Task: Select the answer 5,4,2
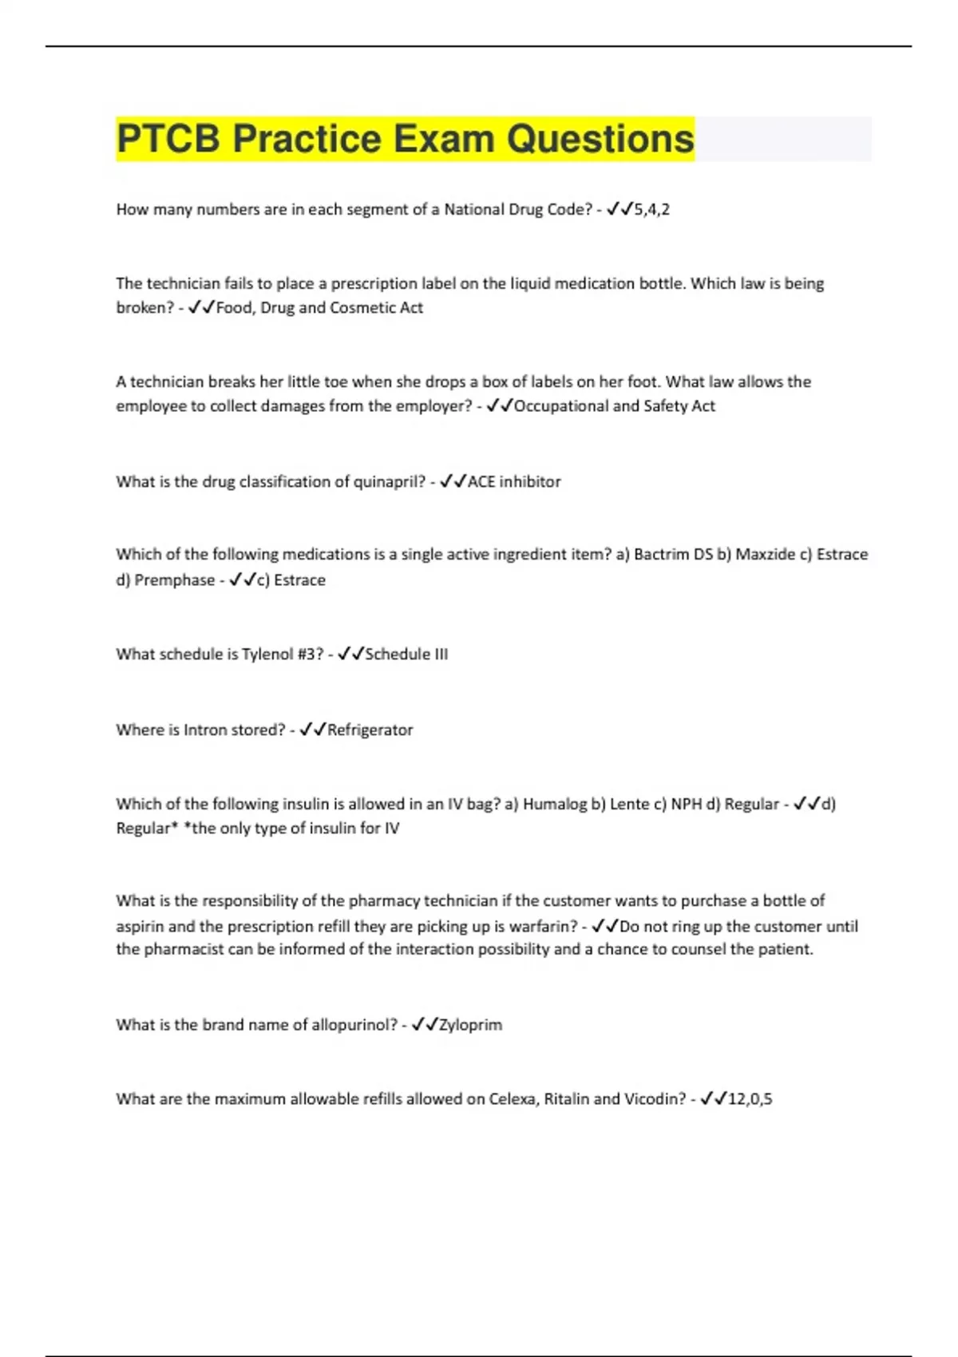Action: pyautogui.click(x=651, y=210)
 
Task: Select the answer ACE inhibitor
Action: pyautogui.click(x=514, y=482)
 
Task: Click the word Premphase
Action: pyautogui.click(x=174, y=580)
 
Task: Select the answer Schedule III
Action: pyautogui.click(x=406, y=655)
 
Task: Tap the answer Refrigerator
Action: pyautogui.click(x=370, y=730)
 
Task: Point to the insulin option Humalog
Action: pyautogui.click(x=555, y=805)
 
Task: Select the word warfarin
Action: pyautogui.click(x=544, y=927)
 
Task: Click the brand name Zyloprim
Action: pyautogui.click(x=470, y=1025)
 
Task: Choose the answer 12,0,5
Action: pyautogui.click(x=750, y=1099)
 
